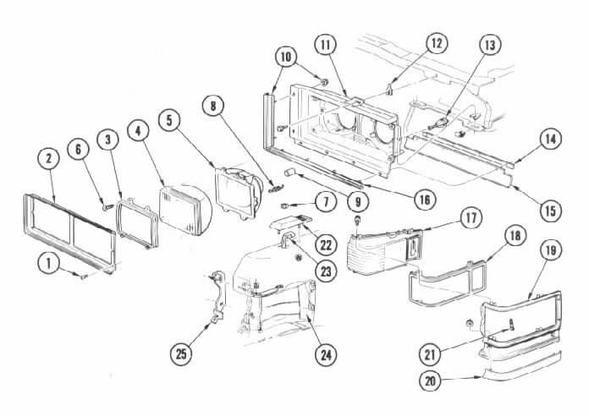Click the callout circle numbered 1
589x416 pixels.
[49, 263]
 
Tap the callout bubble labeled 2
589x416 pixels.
[49, 159]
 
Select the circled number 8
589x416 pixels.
[213, 107]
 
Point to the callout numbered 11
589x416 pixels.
[325, 45]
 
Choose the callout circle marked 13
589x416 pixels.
[490, 45]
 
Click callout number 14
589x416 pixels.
[550, 140]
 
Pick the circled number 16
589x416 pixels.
[425, 200]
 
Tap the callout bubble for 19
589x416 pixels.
[550, 250]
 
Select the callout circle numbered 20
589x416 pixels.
[430, 380]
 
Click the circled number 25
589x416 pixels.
[181, 353]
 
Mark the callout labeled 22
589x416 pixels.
[326, 245]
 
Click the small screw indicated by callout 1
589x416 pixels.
[84, 276]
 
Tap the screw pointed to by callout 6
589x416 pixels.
[107, 206]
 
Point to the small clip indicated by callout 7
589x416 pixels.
[286, 205]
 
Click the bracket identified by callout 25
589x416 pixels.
[217, 297]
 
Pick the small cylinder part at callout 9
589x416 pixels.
[290, 172]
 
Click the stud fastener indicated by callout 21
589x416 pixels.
[511, 323]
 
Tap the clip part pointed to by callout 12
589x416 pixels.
[389, 89]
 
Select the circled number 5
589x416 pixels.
[169, 121]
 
